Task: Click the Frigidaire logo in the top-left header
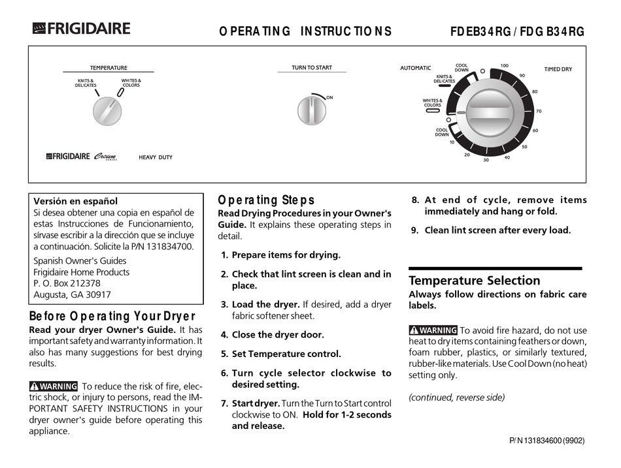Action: [x=81, y=29]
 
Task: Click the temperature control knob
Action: [x=107, y=112]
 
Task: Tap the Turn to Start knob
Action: [x=312, y=110]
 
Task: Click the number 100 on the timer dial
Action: [x=504, y=66]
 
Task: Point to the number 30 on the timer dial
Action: [x=486, y=160]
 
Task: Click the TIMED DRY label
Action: [x=558, y=69]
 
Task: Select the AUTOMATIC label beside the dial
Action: [x=416, y=68]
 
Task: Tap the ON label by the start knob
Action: [x=329, y=97]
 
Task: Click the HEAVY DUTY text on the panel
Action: [x=156, y=157]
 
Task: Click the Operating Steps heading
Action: [x=265, y=200]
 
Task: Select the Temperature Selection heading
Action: [x=474, y=281]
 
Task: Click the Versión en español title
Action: [x=75, y=201]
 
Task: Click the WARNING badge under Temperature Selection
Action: [x=433, y=330]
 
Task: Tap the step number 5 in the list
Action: [x=224, y=354]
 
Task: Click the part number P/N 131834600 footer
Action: [x=546, y=441]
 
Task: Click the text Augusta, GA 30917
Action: [x=72, y=294]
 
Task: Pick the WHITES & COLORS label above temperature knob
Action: [x=131, y=83]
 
